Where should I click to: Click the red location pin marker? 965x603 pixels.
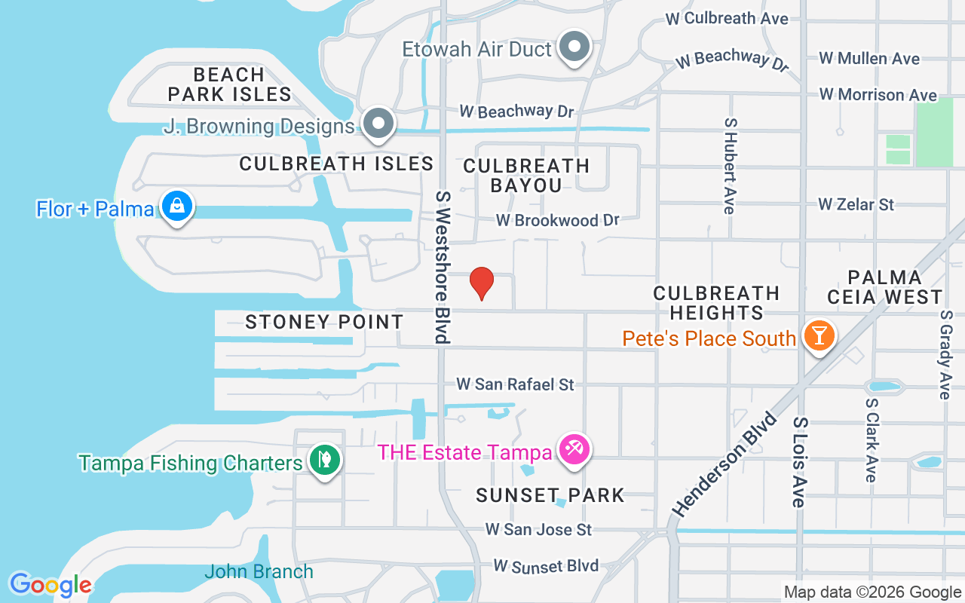point(481,283)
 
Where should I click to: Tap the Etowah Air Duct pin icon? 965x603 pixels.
point(575,47)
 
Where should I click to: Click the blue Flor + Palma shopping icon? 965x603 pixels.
point(176,206)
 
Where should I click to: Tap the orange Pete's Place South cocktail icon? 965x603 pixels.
point(818,335)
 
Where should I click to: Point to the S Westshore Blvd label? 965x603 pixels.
point(443,267)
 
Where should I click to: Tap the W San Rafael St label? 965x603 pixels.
point(515,384)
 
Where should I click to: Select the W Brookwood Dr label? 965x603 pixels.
point(557,220)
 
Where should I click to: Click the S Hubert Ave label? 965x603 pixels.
point(729,165)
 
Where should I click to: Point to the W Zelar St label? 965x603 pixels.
point(856,204)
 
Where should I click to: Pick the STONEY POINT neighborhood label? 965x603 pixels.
point(324,323)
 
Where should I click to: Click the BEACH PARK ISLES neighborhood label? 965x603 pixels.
point(229,84)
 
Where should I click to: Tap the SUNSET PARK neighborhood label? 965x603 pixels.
point(550,495)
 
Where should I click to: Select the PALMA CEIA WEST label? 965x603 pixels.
point(884,287)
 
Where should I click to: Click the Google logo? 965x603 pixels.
point(51,585)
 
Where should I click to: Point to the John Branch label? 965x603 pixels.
point(259,571)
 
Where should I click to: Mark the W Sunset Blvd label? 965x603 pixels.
point(546,565)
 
